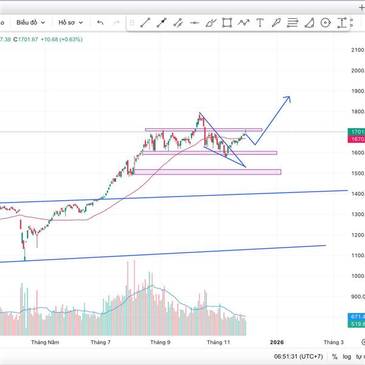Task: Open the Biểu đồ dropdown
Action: pyautogui.click(x=30, y=23)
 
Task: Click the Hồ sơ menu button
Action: pyautogui.click(x=70, y=23)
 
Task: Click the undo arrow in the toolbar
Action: pyautogui.click(x=100, y=23)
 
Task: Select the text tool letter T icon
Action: pyautogui.click(x=260, y=23)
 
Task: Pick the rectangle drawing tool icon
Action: pyautogui.click(x=227, y=23)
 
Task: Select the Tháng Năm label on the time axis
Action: pyautogui.click(x=45, y=342)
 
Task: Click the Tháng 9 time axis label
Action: pyautogui.click(x=160, y=342)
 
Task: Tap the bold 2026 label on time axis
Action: pyautogui.click(x=277, y=342)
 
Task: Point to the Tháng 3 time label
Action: pyautogui.click(x=333, y=342)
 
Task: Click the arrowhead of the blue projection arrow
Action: pyautogui.click(x=288, y=98)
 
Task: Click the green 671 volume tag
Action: pyautogui.click(x=357, y=317)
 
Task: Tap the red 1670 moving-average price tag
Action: pyautogui.click(x=357, y=139)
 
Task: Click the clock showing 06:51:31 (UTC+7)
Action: pyautogui.click(x=297, y=356)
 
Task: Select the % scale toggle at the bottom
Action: pyautogui.click(x=335, y=356)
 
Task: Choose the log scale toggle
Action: pyautogui.click(x=347, y=356)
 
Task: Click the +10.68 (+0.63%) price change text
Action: pyautogui.click(x=61, y=40)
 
